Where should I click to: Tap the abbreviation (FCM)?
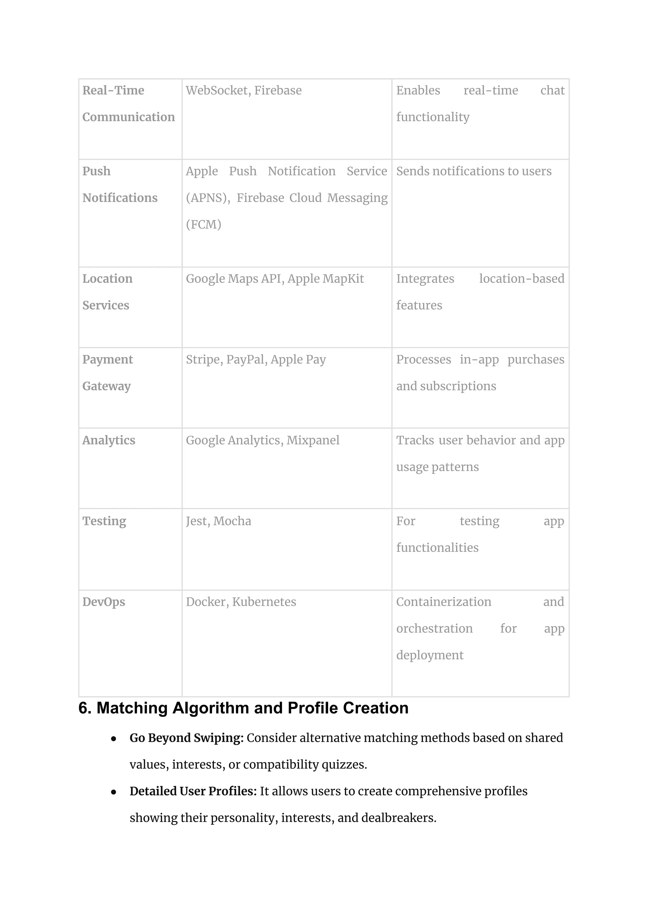pos(203,224)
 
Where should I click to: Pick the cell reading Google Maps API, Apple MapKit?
pos(275,279)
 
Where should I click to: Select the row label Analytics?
pos(109,440)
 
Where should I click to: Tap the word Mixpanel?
pos(313,440)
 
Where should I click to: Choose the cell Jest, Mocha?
pos(218,521)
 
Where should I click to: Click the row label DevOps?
pos(103,602)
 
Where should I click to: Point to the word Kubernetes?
pos(264,602)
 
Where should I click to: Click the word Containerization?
pos(443,602)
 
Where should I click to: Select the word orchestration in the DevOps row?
pos(434,629)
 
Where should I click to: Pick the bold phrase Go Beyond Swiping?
pos(186,738)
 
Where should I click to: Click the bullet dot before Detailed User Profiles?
pos(114,792)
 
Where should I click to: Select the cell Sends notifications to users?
pos(474,171)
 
